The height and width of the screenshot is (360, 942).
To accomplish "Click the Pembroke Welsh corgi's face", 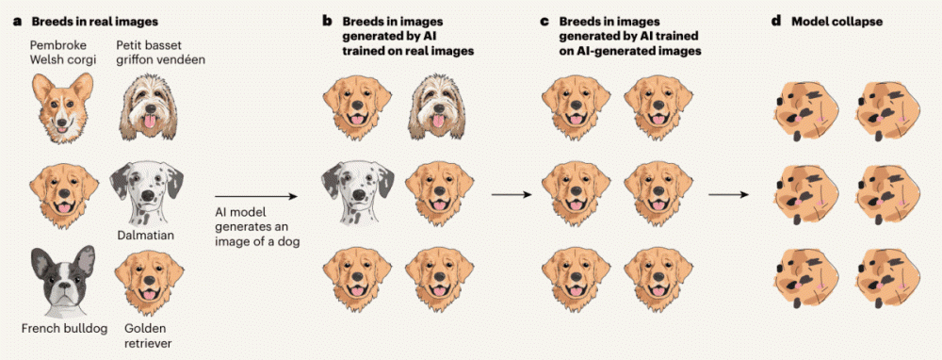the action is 62,107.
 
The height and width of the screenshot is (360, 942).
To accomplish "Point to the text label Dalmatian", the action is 147,235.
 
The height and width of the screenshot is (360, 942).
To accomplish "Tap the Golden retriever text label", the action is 145,335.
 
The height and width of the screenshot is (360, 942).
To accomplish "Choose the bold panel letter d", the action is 777,21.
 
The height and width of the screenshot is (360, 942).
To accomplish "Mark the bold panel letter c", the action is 544,22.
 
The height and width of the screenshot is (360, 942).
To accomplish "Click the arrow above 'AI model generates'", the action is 256,196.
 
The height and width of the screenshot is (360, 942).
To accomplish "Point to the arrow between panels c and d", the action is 729,195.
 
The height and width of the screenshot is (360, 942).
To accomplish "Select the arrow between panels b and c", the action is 512,195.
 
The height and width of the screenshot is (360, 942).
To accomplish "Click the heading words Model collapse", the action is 828,22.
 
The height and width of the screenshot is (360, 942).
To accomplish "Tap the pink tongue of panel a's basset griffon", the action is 149,123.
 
